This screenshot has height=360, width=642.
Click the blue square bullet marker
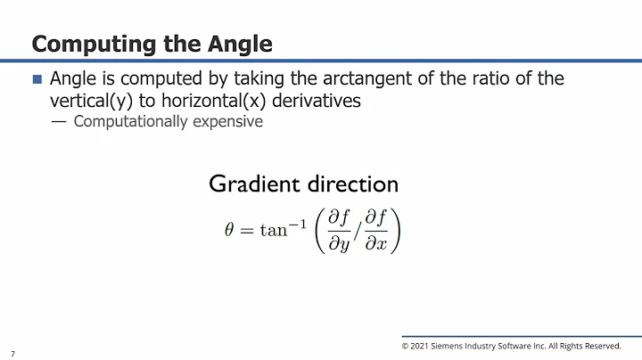[37, 79]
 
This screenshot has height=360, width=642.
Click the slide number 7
[12, 353]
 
